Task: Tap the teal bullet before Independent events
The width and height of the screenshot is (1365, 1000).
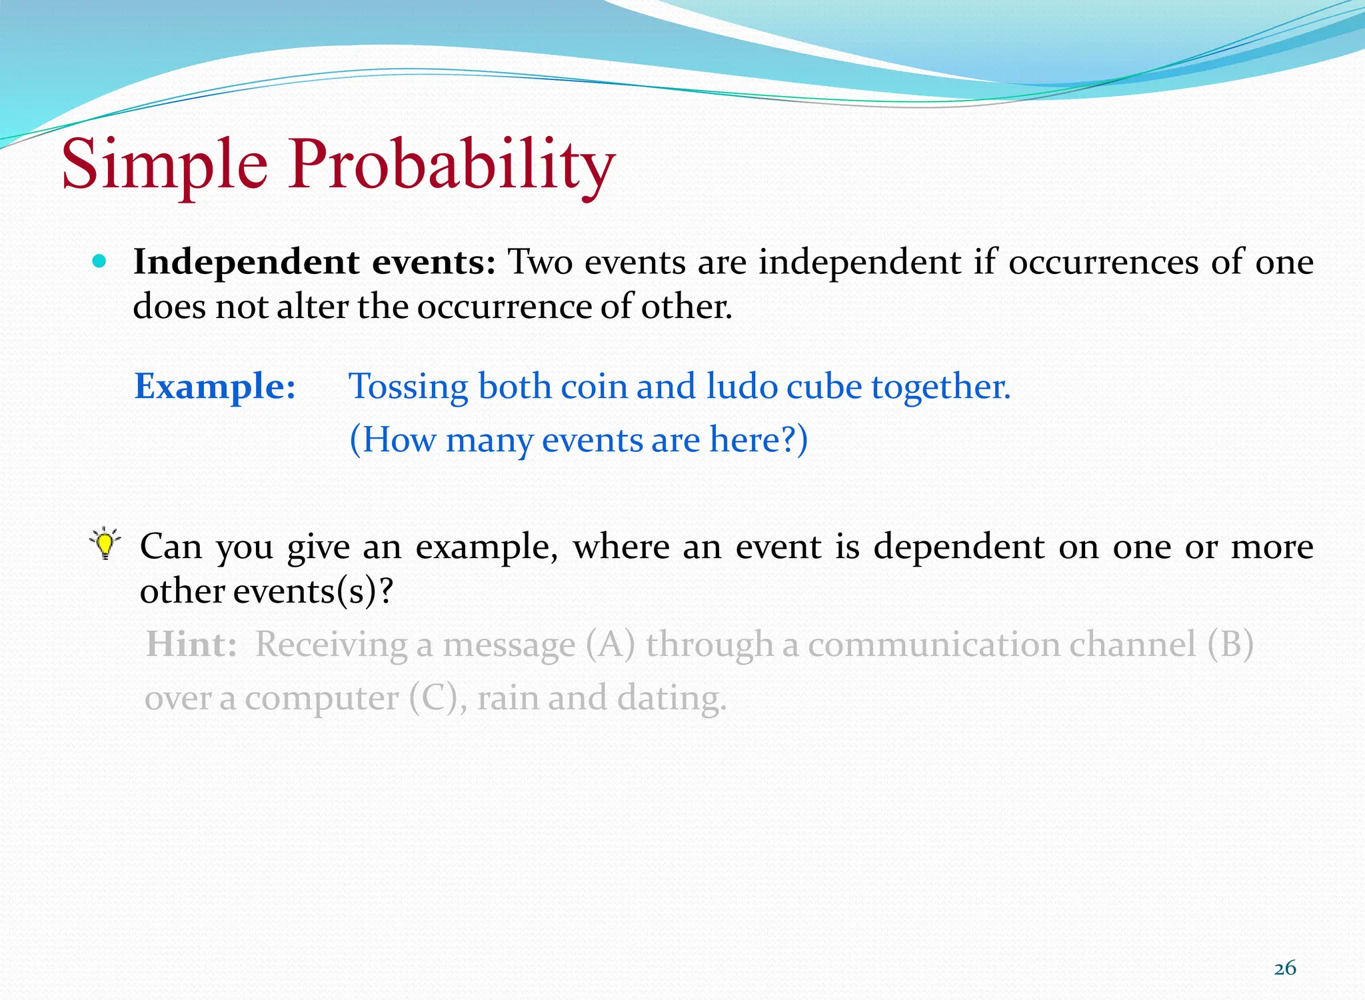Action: (100, 261)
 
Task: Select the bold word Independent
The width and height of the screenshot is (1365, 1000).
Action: (247, 262)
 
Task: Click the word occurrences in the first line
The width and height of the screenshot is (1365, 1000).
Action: (1103, 262)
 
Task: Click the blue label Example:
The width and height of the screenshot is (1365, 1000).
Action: (215, 386)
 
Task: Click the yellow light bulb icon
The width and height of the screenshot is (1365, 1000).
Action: (105, 543)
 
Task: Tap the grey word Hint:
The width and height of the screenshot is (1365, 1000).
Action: (191, 645)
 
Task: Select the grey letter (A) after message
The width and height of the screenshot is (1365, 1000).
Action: (610, 645)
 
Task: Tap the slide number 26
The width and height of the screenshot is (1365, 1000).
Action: (1285, 968)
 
